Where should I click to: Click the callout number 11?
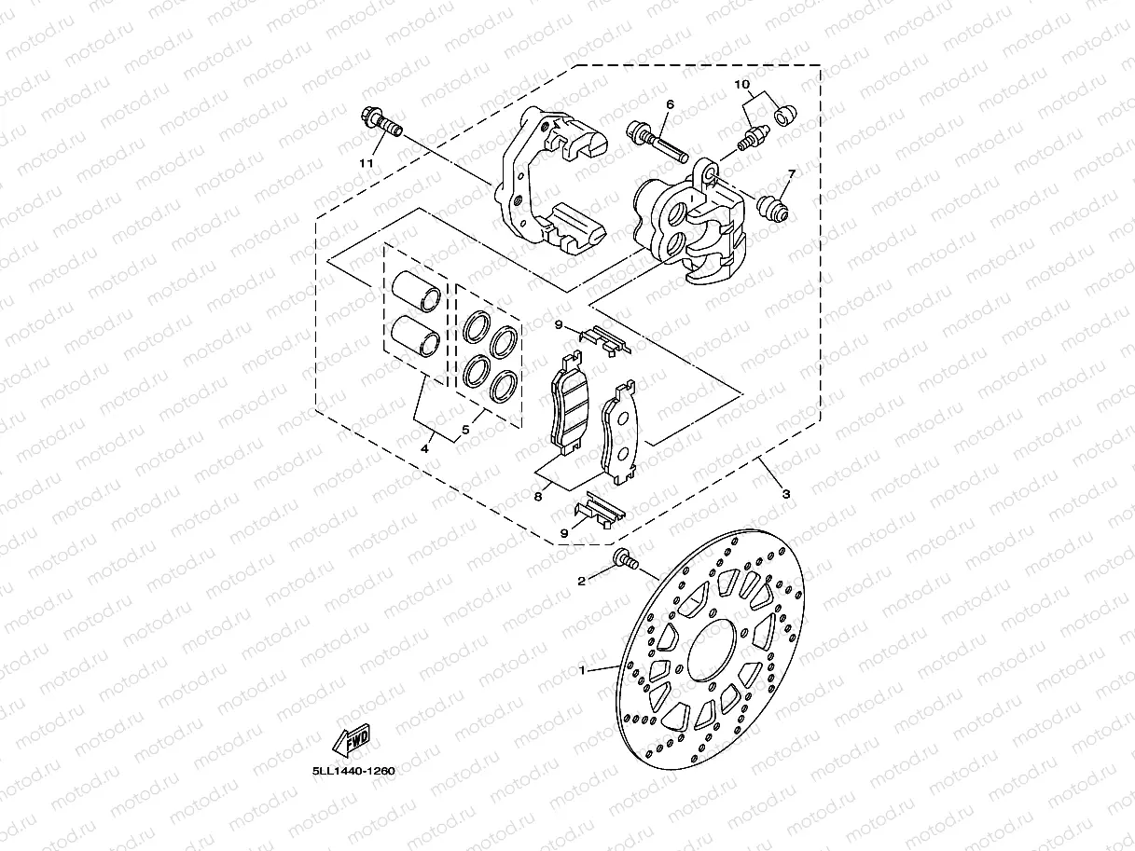coord(367,163)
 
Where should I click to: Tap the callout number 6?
coord(669,104)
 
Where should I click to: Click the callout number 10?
coord(742,85)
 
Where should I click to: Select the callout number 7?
coord(791,173)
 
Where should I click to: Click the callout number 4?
coord(424,448)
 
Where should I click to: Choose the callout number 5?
coord(464,432)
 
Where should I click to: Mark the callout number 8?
coord(538,498)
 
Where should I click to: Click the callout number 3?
coord(785,494)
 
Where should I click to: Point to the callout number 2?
coord(581,582)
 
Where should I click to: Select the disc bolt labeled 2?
coord(626,560)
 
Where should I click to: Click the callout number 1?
coord(583,669)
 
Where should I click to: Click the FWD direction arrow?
coord(352,739)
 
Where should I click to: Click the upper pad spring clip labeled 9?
coord(605,340)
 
